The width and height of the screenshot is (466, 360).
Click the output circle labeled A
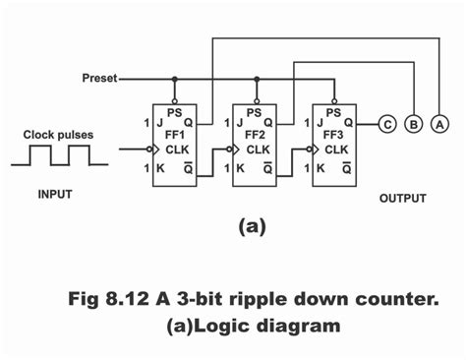pyautogui.click(x=438, y=123)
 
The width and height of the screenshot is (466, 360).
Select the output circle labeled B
pyautogui.click(x=415, y=123)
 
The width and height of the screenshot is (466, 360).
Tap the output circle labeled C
pyautogui.click(x=389, y=123)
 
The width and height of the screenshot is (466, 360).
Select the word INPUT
pyautogui.click(x=55, y=194)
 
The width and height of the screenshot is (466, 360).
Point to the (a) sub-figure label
pyautogui.click(x=252, y=226)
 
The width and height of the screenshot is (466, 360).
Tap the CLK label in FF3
pyautogui.click(x=337, y=150)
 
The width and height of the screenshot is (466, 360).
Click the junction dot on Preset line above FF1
pyautogui.click(x=175, y=78)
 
